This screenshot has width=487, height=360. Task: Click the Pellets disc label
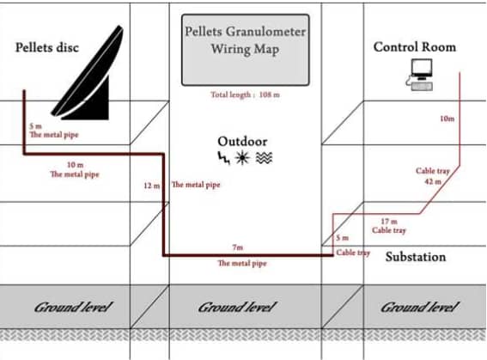pos(47,47)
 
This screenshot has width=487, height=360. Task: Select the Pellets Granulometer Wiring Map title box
pos(246,50)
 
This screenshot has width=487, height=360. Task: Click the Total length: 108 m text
pos(246,95)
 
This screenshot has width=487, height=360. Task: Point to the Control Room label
pos(415,47)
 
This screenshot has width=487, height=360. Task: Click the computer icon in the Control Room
pos(420,75)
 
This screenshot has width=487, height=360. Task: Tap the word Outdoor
pos(242,141)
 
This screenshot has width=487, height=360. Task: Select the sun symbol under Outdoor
pos(242,158)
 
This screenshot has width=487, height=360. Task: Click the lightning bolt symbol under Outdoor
pos(223,158)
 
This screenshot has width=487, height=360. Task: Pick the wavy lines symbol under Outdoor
pos(264,158)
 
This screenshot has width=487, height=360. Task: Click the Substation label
pos(416,257)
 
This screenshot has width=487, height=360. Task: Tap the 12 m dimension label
pos(152,186)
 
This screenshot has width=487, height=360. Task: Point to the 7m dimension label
pos(238,247)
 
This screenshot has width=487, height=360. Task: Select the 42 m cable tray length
pos(433,181)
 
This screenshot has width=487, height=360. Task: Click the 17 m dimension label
pos(389,222)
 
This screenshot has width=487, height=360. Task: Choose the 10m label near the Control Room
pos(447,119)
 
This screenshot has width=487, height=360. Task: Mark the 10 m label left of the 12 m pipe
pos(76,165)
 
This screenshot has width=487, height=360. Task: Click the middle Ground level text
pos(237,308)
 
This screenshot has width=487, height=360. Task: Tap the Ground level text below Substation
pos(419,308)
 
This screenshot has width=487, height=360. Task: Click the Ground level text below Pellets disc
pos(73,308)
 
